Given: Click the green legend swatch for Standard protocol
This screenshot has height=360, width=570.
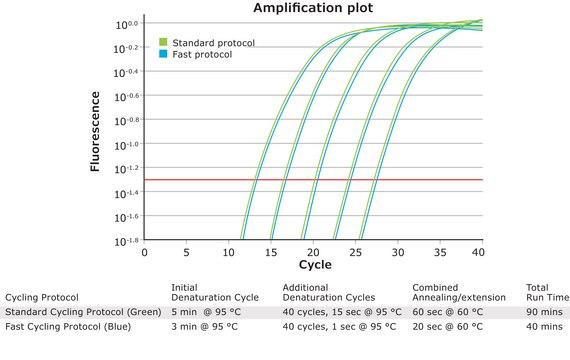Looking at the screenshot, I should point(163,42).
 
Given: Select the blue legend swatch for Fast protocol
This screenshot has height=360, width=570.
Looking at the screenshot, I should point(163,54).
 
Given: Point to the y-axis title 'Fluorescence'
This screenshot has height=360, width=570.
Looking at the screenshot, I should point(96,130).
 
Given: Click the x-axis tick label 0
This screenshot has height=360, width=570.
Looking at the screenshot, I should point(145,252).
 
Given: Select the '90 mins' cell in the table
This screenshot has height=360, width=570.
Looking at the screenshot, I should point(542,313).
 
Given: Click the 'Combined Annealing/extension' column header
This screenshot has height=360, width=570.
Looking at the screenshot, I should point(459,292).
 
